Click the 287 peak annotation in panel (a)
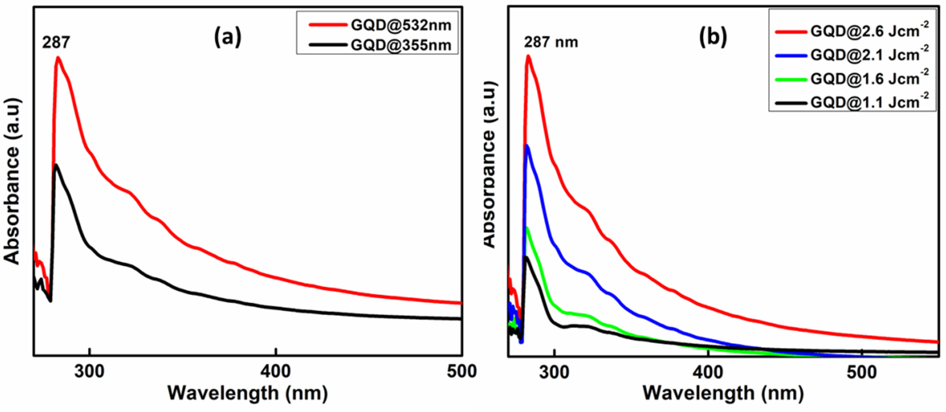[x=56, y=42]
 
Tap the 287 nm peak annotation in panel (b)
[x=551, y=42]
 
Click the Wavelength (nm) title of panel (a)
[x=247, y=393]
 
